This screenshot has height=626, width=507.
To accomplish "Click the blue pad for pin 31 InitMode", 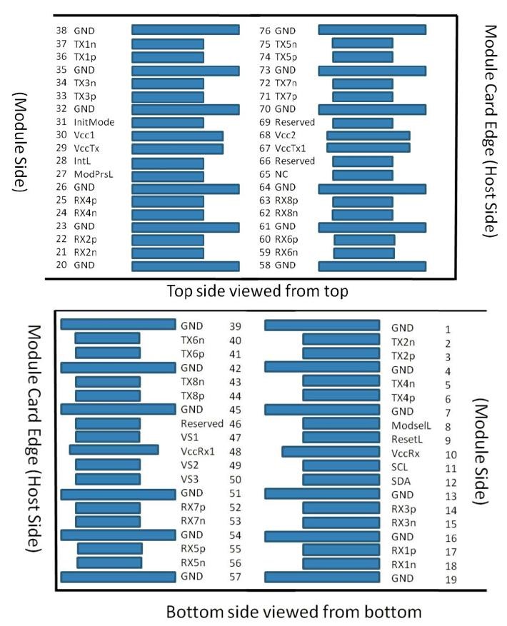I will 168,123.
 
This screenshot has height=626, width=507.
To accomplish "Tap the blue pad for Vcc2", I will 368,136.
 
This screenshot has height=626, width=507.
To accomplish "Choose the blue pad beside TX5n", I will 362,44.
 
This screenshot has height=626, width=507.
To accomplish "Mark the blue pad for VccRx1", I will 114,450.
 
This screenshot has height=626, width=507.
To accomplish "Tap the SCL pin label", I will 399,466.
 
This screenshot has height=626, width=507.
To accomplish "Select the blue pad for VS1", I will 107,437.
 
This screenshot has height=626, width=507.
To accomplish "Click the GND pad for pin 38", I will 185,31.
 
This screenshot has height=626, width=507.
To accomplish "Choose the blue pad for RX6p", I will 363,240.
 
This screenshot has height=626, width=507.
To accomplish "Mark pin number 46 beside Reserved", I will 235,423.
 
